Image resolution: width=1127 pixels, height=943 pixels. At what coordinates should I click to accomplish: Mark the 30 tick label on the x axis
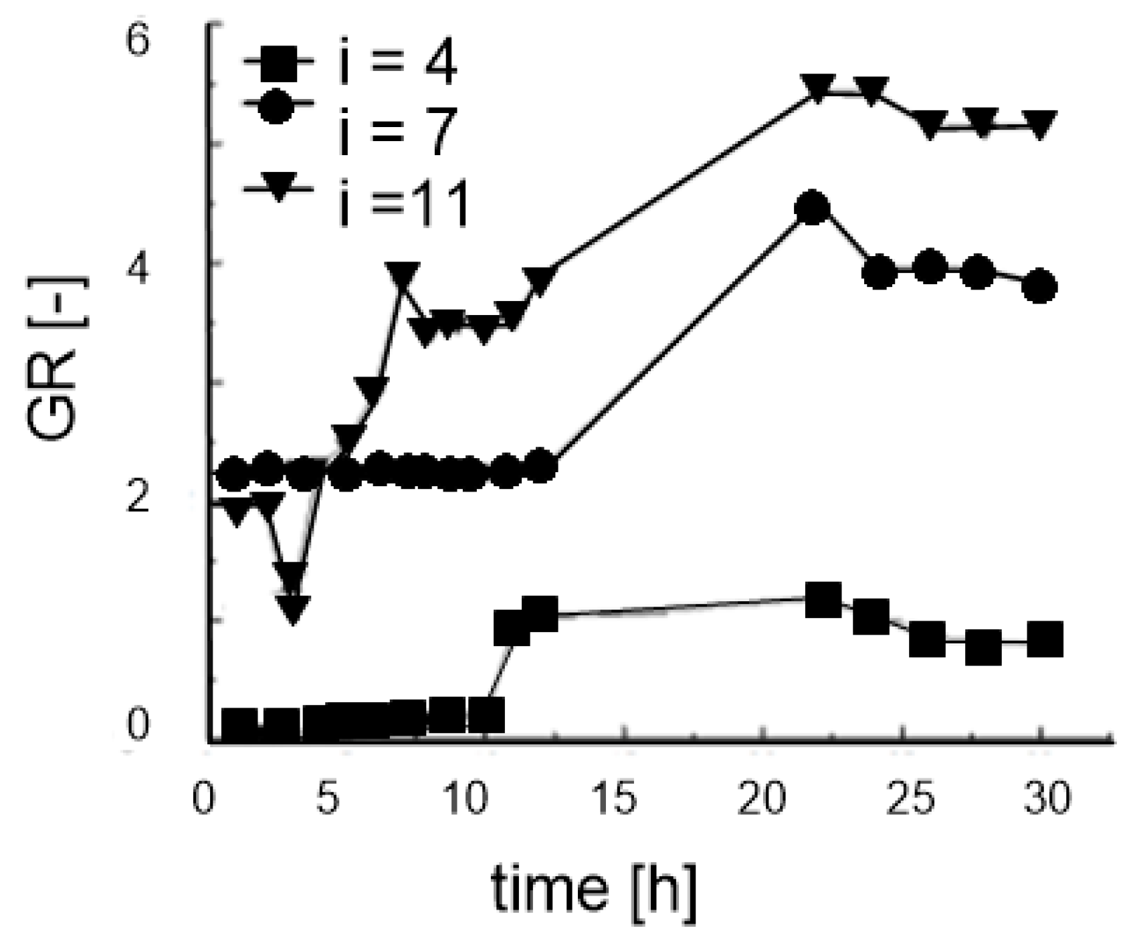(1047, 799)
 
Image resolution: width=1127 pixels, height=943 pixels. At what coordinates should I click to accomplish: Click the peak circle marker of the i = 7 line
(812, 208)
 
